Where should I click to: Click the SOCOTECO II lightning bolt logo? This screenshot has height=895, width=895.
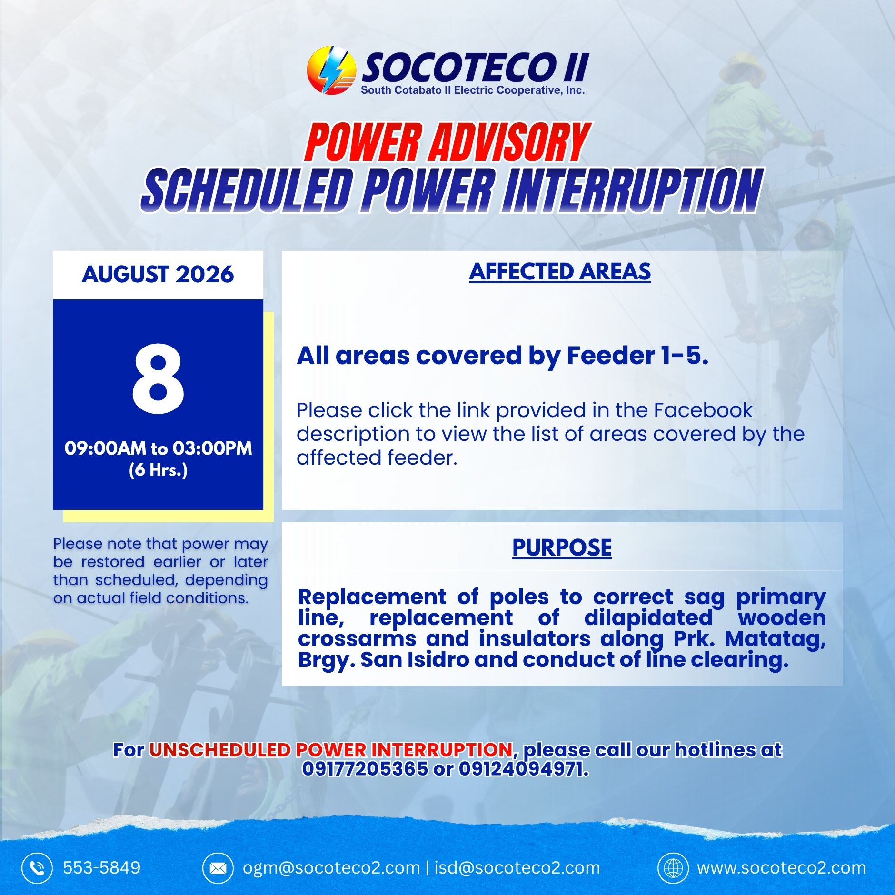331,70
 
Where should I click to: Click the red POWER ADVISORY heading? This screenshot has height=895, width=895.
447,142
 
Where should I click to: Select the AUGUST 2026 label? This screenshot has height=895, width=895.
158,274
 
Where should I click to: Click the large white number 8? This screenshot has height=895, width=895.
158,378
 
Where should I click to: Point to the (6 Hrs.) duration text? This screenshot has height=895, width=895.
158,470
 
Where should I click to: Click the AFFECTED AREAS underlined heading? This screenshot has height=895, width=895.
560,272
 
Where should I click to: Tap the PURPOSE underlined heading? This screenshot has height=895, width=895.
562,547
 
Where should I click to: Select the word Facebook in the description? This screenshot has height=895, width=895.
703,410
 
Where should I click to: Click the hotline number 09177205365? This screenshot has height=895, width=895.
365,769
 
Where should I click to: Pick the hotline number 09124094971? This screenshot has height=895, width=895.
524,769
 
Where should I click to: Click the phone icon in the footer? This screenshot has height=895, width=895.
37,868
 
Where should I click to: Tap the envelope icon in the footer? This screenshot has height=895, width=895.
218,868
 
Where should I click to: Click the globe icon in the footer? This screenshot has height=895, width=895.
673,868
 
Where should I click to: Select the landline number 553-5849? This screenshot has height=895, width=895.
102,868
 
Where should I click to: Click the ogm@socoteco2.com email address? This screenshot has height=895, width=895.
331,868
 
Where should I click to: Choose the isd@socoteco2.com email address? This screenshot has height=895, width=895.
517,868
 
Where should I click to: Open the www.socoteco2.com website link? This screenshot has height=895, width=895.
782,868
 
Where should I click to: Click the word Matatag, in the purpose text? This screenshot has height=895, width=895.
776,639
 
